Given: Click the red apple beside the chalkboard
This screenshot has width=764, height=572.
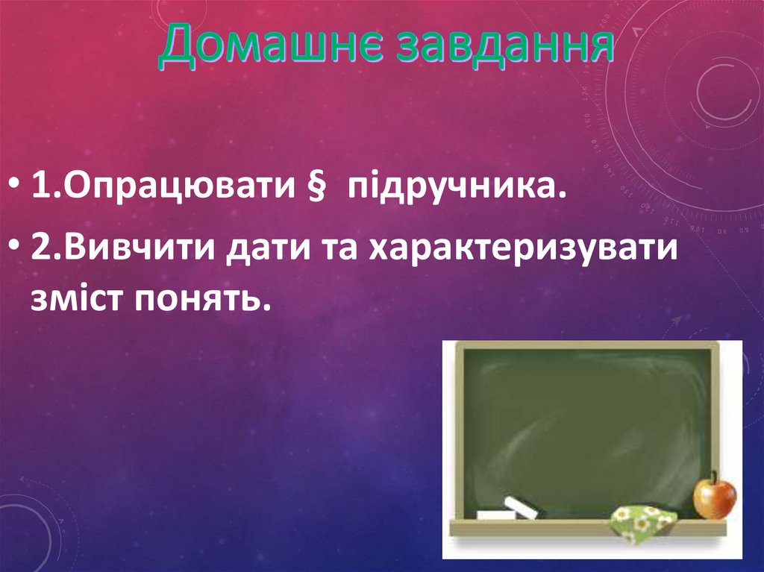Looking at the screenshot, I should (714, 498).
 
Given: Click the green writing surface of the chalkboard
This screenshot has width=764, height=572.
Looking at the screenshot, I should (582, 425).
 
